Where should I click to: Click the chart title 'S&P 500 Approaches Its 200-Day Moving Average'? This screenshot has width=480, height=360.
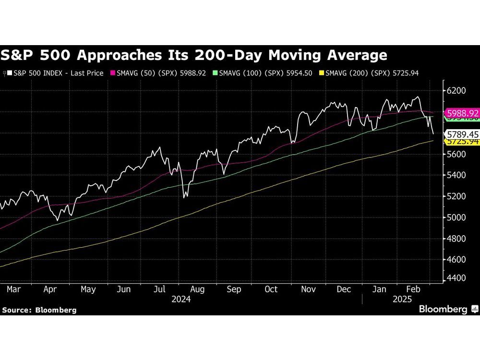[x=193, y=55]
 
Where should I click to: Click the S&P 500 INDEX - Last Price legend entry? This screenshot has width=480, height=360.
[x=54, y=73]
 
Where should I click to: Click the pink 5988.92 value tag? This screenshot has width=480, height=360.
[x=462, y=114]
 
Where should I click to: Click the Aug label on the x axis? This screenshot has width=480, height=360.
[x=197, y=289]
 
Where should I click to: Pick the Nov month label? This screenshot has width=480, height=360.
[x=308, y=289]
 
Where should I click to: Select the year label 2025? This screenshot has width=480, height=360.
[x=401, y=299]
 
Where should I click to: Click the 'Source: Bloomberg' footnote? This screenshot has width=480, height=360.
[x=39, y=310]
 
